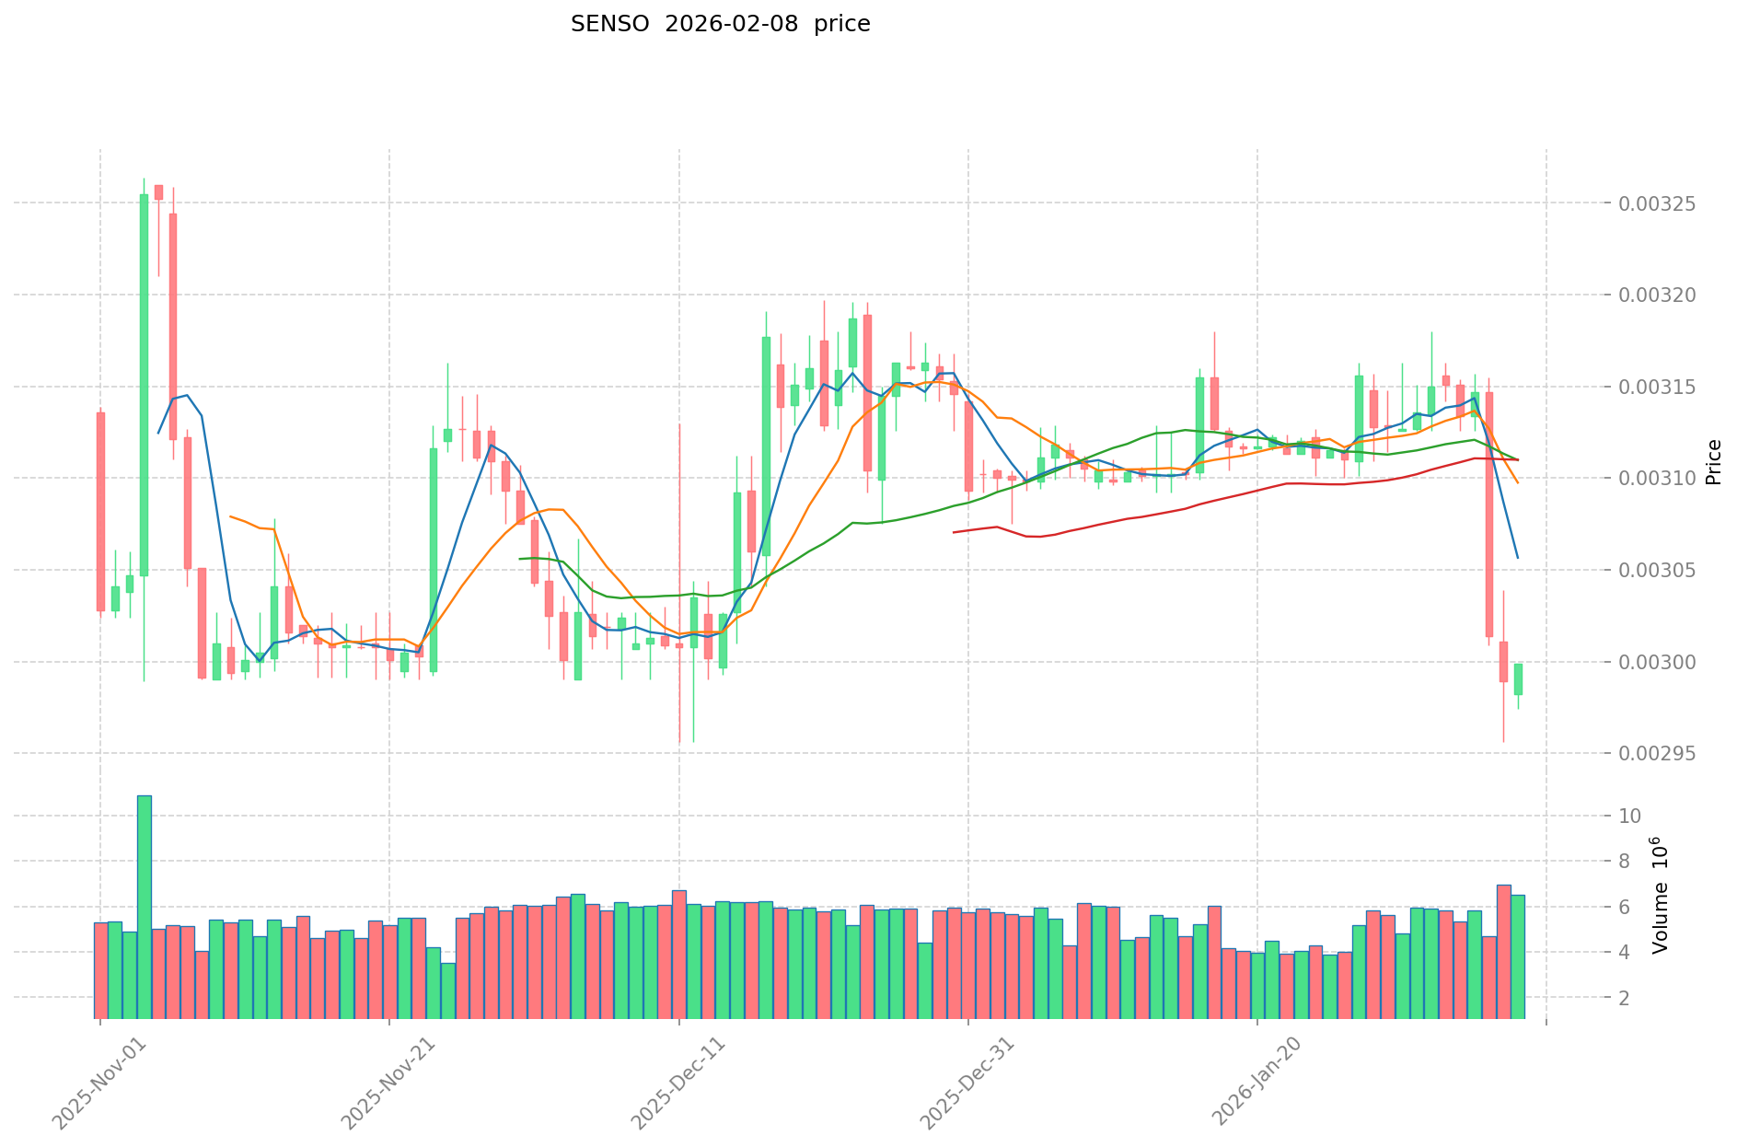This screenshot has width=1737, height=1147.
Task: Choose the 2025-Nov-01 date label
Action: (x=98, y=1082)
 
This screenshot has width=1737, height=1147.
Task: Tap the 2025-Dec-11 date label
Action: (x=677, y=1082)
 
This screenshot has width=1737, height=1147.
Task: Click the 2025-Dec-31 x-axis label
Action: (x=967, y=1082)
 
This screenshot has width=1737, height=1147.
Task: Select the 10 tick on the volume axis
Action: (x=1629, y=817)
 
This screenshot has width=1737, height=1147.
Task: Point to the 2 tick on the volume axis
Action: (x=1625, y=998)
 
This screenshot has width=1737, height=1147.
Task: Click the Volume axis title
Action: (x=1660, y=907)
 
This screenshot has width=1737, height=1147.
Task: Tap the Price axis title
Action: (x=1713, y=462)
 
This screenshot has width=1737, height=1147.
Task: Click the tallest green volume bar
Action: (x=144, y=907)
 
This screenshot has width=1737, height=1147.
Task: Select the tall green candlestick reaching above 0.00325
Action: (x=144, y=385)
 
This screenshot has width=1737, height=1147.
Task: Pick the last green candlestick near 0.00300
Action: (x=1518, y=678)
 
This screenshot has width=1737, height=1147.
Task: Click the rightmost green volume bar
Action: (x=1518, y=956)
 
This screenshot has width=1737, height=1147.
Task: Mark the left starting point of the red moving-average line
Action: (x=954, y=532)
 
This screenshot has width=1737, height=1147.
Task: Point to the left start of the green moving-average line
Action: (x=520, y=559)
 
